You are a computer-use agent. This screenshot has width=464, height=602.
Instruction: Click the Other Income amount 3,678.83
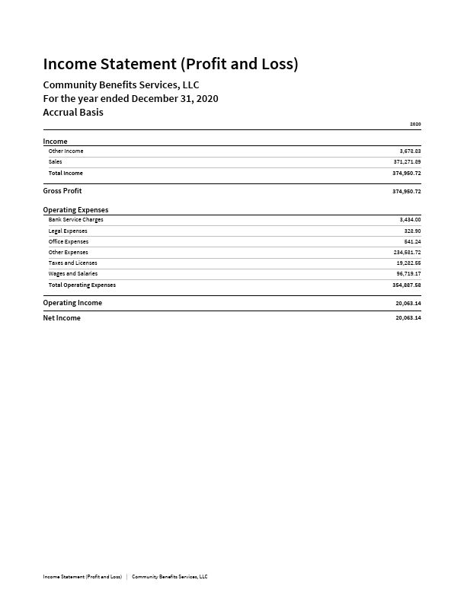(x=410, y=151)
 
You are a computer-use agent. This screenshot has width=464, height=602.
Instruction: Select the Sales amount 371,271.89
(x=407, y=162)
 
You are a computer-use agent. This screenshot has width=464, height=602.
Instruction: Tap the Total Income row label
(x=66, y=174)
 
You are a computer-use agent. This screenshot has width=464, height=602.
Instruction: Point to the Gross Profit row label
(x=62, y=191)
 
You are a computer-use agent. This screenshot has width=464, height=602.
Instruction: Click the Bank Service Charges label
(x=75, y=220)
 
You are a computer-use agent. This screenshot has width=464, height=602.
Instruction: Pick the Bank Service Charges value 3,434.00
(x=410, y=220)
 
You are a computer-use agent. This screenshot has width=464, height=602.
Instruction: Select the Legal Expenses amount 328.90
(x=412, y=231)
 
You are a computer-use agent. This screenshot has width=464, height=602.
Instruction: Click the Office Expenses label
(x=69, y=242)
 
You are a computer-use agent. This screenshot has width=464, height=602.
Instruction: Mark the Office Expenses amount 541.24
(x=412, y=242)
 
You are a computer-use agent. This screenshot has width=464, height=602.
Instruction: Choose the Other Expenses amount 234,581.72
(x=407, y=253)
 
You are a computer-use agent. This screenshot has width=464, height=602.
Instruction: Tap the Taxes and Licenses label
(x=72, y=263)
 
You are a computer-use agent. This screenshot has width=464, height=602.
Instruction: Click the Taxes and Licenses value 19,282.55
(x=408, y=263)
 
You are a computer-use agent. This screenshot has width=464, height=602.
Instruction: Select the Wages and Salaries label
(x=73, y=274)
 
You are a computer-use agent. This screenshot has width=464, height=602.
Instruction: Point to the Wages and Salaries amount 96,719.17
(x=408, y=274)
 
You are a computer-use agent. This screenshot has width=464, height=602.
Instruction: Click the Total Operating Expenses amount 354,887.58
(x=407, y=285)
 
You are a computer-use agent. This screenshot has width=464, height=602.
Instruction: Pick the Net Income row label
(x=62, y=318)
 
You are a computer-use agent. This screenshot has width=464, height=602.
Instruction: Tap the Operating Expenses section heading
(x=75, y=210)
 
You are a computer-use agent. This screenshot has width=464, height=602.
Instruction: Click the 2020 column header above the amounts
(x=415, y=124)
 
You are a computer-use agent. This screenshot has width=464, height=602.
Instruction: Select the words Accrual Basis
(x=73, y=113)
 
